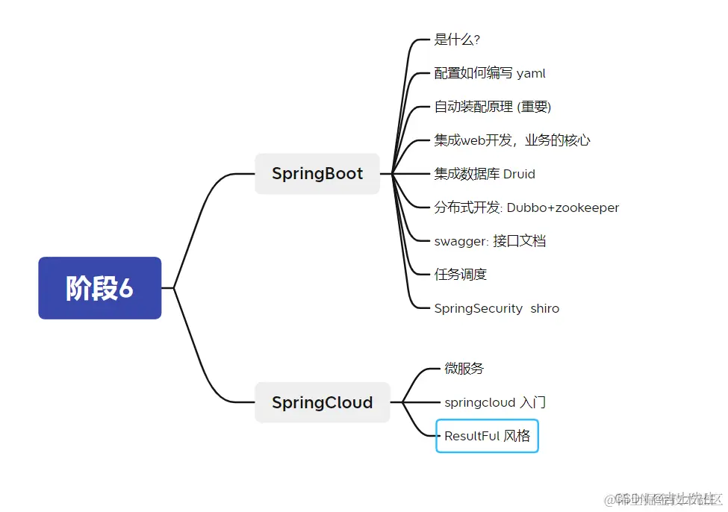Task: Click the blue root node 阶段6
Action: point(99,288)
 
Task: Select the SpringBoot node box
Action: point(317,174)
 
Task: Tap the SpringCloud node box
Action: point(322,403)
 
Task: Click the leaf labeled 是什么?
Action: point(457,40)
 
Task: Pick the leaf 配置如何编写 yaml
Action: point(490,73)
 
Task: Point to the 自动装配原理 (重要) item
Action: point(493,107)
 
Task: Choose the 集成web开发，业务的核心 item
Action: point(512,140)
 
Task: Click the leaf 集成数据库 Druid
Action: point(485,174)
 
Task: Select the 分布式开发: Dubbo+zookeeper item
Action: point(526,207)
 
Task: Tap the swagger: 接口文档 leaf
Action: point(490,241)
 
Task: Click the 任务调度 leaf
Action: point(461,275)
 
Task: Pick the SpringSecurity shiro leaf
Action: point(497,308)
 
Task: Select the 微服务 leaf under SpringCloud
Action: point(464,369)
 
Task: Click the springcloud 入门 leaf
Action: point(495,403)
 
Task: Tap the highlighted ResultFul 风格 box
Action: point(487,437)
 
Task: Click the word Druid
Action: point(519,174)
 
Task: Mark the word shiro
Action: point(544,308)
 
